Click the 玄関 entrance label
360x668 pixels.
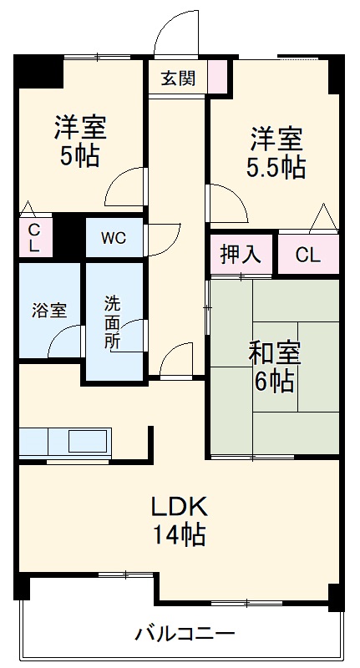pyautogui.click(x=178, y=79)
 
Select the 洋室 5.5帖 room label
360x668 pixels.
pyautogui.click(x=275, y=152)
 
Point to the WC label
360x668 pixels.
pyautogui.click(x=114, y=237)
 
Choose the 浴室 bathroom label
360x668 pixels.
pyautogui.click(x=49, y=308)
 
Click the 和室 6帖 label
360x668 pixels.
pyautogui.click(x=273, y=367)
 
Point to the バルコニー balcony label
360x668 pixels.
pyautogui.click(x=185, y=633)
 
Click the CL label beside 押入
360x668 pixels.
pyautogui.click(x=308, y=255)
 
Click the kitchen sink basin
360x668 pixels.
pyautogui.click(x=88, y=440)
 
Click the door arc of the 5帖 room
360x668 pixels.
pyautogui.click(x=124, y=186)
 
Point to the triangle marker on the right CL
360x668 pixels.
pyautogui.click(x=323, y=219)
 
